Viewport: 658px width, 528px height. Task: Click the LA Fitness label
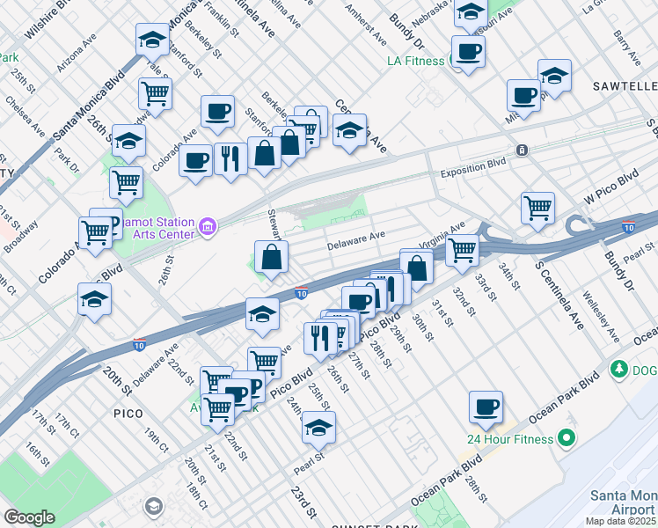pyautogui.click(x=418, y=61)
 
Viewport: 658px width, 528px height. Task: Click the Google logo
pyautogui.click(x=29, y=517)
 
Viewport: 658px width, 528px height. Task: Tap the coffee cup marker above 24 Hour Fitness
pyautogui.click(x=486, y=407)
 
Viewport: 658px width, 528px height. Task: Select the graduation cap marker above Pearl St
pyautogui.click(x=318, y=429)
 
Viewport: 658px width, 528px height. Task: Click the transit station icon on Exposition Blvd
pyautogui.click(x=522, y=150)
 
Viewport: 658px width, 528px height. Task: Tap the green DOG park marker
pyautogui.click(x=618, y=368)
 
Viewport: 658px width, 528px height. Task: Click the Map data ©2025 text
pyautogui.click(x=620, y=521)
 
